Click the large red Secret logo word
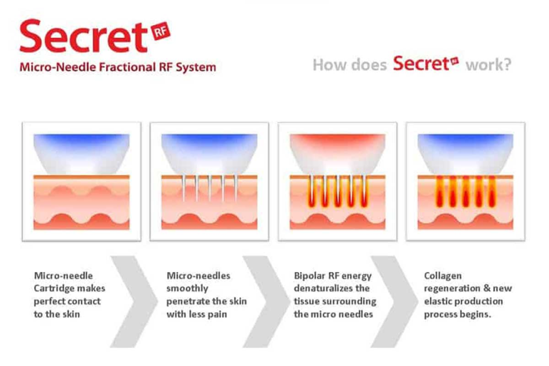(84, 36)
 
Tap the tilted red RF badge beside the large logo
(161, 32)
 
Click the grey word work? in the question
(488, 65)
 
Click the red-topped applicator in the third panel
(338, 154)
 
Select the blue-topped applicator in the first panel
(81, 154)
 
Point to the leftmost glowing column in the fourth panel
(440, 191)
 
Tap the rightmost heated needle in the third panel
(364, 191)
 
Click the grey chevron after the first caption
(134, 302)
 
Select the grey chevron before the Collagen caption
(394, 302)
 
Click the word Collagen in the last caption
(443, 276)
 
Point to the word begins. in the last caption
(475, 315)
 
